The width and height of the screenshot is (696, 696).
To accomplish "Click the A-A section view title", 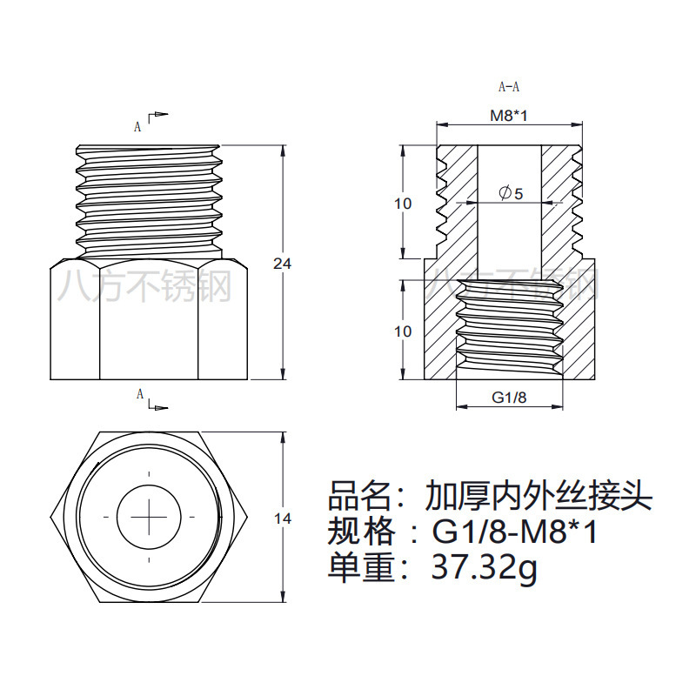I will (x=509, y=87).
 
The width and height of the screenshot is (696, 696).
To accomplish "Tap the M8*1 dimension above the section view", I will (x=509, y=116).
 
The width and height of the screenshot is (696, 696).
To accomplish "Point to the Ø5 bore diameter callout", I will (x=511, y=193).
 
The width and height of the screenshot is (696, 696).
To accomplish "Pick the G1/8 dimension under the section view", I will (x=510, y=398).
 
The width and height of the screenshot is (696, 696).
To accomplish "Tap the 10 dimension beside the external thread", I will (x=402, y=204).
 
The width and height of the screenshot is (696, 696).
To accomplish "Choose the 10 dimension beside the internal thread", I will (x=402, y=331).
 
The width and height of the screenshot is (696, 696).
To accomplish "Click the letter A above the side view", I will (x=137, y=126).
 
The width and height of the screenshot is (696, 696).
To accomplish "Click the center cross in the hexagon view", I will (x=149, y=517).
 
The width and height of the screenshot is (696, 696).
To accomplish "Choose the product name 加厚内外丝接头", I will (x=538, y=498).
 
